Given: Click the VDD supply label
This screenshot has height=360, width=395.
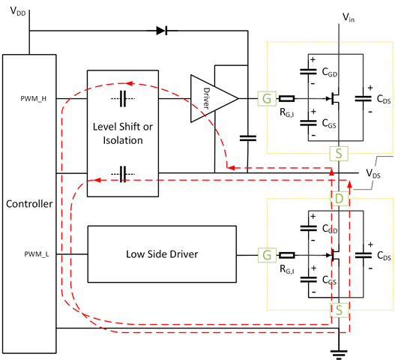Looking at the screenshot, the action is click(x=18, y=11).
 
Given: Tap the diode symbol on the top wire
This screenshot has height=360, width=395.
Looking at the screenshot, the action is click(x=162, y=31).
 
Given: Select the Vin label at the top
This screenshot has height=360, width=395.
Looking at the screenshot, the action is click(x=349, y=18).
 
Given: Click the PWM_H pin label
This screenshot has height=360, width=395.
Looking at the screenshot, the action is click(x=34, y=98).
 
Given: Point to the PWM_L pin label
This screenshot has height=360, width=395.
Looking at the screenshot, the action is click(x=37, y=254).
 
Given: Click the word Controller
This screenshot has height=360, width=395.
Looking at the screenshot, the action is click(x=29, y=204).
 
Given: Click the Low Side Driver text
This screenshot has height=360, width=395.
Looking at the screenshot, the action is click(x=162, y=254).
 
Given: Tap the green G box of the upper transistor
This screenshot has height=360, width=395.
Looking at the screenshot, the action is click(x=267, y=98).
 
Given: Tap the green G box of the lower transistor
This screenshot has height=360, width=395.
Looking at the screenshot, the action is click(x=267, y=255).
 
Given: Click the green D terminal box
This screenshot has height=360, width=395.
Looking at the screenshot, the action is click(x=339, y=199).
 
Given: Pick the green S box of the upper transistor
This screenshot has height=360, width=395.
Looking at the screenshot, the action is click(x=339, y=153).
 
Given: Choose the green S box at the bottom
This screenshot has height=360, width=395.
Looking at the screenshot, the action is click(x=339, y=310).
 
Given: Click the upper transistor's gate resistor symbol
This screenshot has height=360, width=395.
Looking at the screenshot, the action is click(x=286, y=98).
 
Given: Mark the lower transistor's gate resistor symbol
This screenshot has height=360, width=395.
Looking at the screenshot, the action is click(x=287, y=256).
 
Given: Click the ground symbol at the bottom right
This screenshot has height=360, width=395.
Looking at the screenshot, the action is click(x=339, y=353).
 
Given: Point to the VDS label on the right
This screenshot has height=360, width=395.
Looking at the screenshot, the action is click(x=373, y=173).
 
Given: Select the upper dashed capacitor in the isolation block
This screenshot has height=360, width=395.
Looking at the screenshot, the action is click(x=123, y=98).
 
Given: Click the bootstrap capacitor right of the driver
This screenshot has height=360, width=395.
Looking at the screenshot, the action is click(x=248, y=138).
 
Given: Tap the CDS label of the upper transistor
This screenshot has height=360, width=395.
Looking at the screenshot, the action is click(x=384, y=99).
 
